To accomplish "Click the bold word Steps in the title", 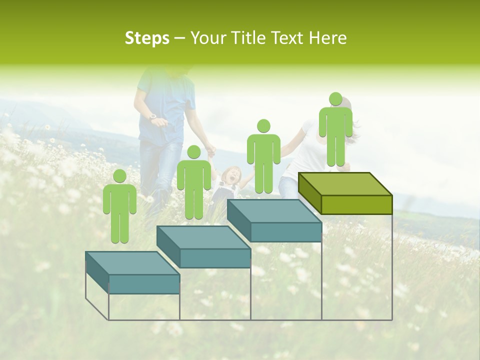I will click(147, 38).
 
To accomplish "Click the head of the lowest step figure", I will click(119, 176).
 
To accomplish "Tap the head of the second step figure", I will click(193, 152).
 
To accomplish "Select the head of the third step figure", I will click(263, 126).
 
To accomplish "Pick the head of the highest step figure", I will click(335, 99).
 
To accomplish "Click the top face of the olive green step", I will click(345, 184).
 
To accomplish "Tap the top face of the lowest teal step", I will click(132, 263).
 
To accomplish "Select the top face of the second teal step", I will click(203, 237).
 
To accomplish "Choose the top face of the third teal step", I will click(274, 211).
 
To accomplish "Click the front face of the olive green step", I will click(356, 204).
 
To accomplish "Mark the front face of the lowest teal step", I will click(144, 284).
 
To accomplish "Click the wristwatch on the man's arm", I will click(153, 116).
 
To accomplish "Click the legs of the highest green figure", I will click(335, 150).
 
